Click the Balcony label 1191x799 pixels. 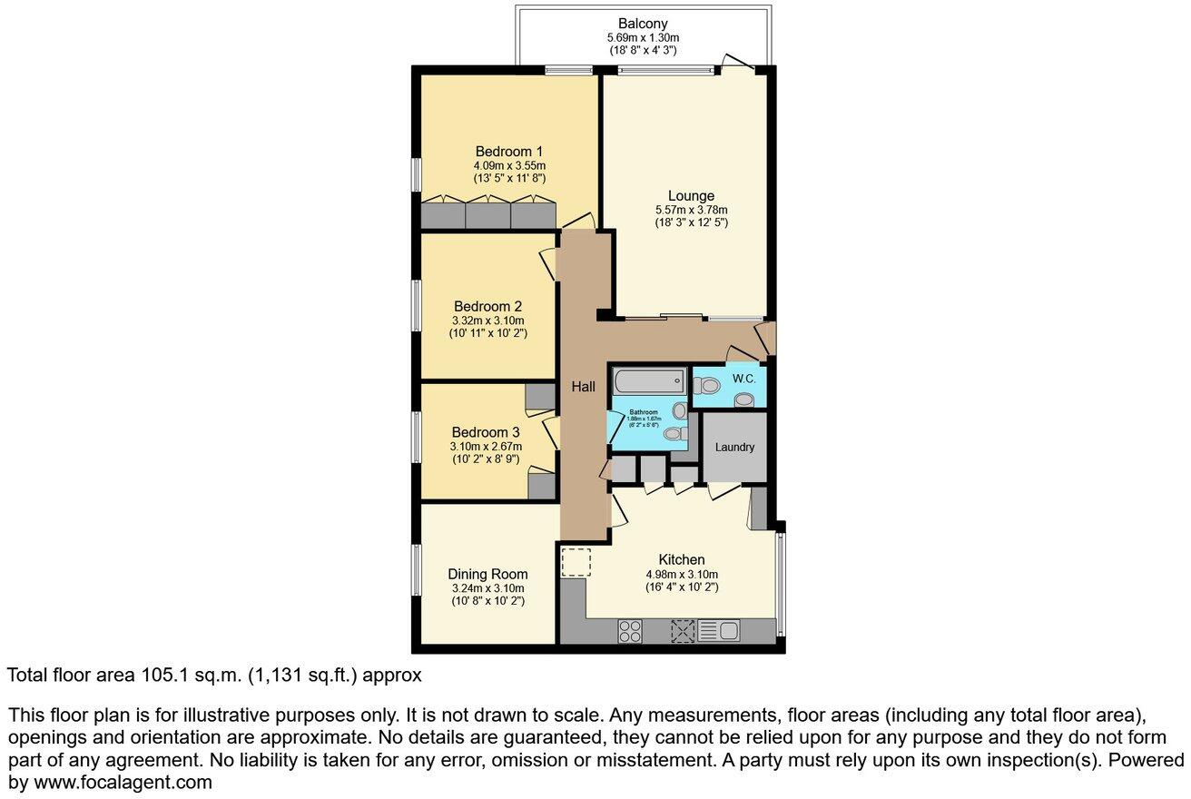click(x=643, y=24)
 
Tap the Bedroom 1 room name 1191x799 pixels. click(x=509, y=151)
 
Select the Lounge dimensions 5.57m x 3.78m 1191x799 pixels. click(x=691, y=210)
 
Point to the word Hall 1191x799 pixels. click(x=583, y=387)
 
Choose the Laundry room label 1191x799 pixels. click(x=734, y=447)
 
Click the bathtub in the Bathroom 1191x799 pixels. click(x=648, y=380)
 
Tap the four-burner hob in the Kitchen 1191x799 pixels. click(x=630, y=630)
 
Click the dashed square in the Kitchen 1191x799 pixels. click(x=576, y=562)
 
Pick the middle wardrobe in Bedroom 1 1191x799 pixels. click(x=487, y=215)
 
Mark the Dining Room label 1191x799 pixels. click(x=487, y=574)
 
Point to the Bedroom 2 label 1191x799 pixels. click(x=487, y=306)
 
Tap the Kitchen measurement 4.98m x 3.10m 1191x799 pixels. click(x=682, y=574)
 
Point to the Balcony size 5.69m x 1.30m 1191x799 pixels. click(x=643, y=37)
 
